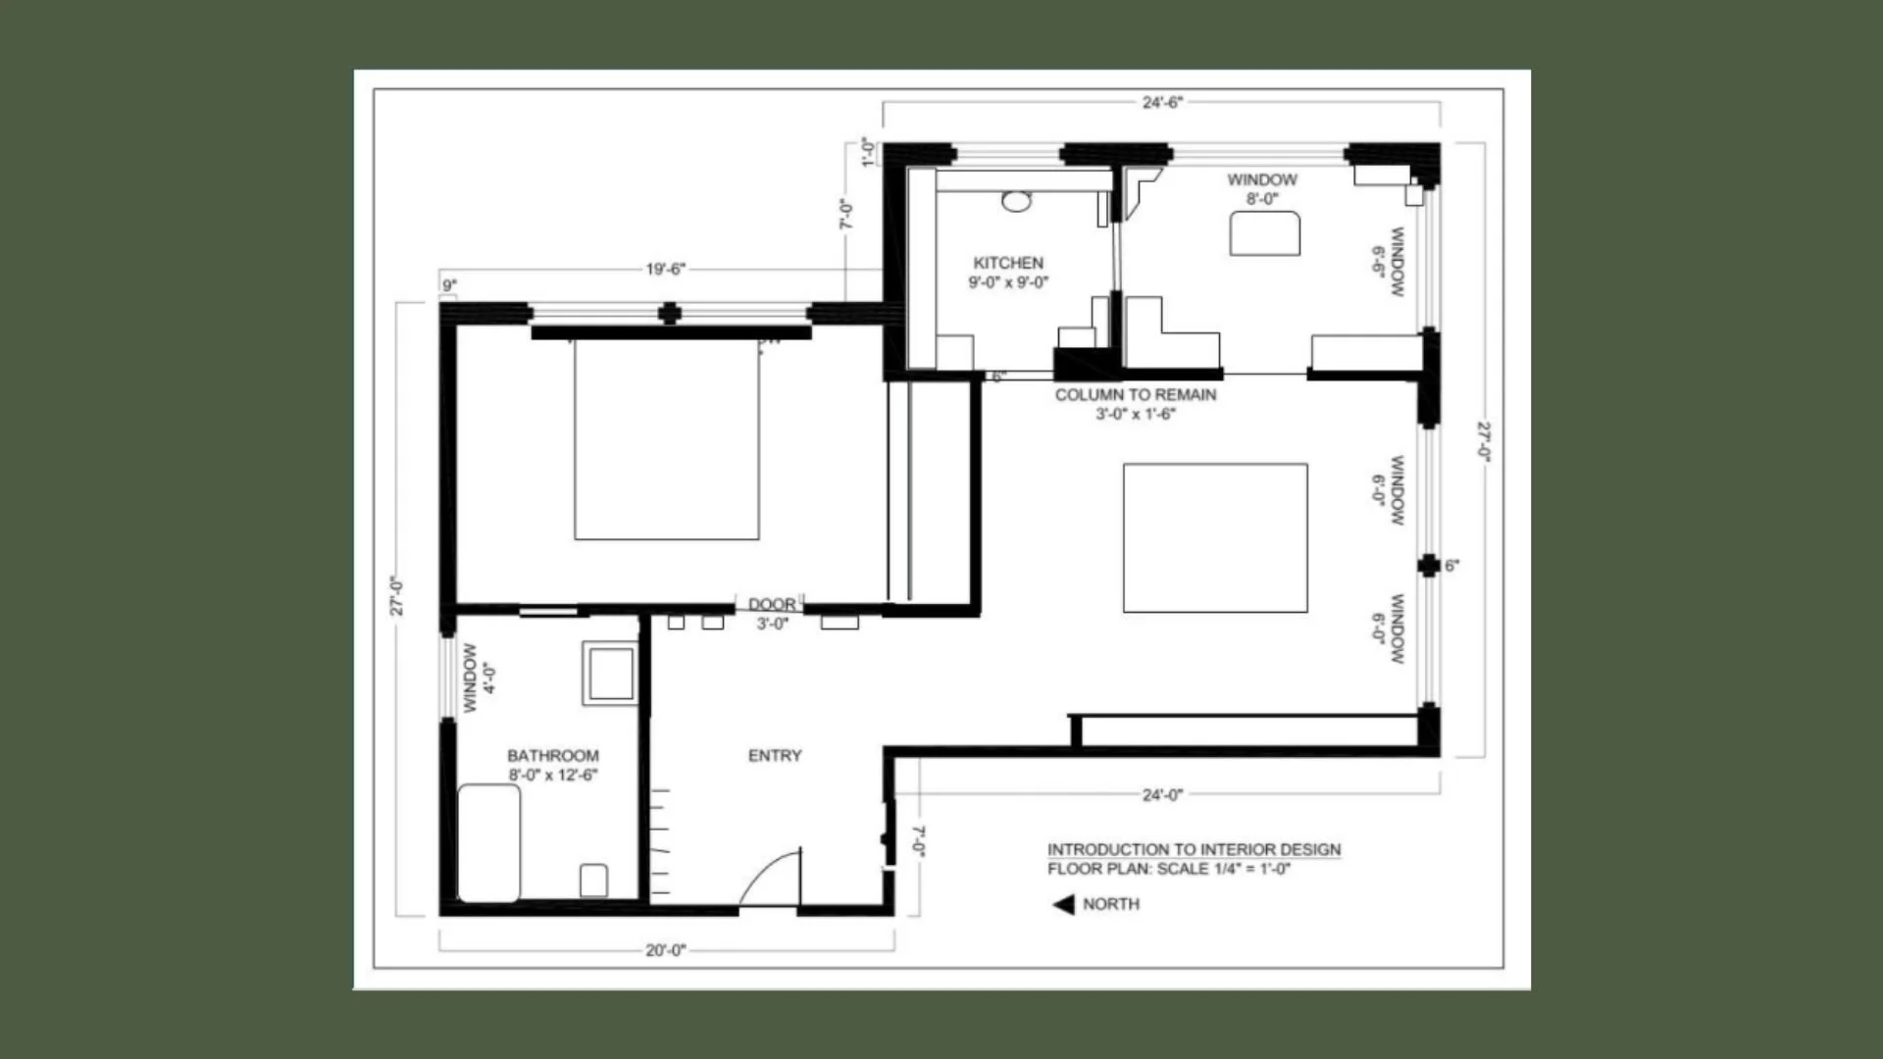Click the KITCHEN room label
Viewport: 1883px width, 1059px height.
click(x=1008, y=263)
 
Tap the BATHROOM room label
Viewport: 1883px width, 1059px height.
click(x=553, y=756)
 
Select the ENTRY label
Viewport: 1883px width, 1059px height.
click(x=775, y=756)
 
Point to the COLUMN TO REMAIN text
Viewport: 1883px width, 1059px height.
click(x=1136, y=395)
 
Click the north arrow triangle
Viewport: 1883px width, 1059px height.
click(x=1064, y=904)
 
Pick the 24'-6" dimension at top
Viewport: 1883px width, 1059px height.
click(x=1162, y=102)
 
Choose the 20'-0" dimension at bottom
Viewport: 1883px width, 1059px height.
click(x=666, y=950)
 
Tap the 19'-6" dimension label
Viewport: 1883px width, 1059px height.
click(x=665, y=269)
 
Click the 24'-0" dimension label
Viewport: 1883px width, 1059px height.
click(x=1162, y=794)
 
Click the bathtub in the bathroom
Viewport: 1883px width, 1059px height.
click(x=488, y=843)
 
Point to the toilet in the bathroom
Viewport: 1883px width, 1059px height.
click(x=593, y=881)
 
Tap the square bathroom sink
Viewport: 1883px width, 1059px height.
click(x=610, y=673)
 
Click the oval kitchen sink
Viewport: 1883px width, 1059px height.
click(x=1017, y=202)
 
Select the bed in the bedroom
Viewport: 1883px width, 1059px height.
click(x=667, y=438)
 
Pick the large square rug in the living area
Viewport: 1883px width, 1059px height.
click(x=1215, y=538)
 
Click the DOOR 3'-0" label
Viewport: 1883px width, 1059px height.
click(x=773, y=614)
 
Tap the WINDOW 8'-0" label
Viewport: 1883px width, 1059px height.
click(x=1262, y=189)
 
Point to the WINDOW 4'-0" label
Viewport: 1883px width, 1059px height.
click(x=479, y=678)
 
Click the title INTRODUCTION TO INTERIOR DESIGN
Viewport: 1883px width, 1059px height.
click(x=1194, y=849)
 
